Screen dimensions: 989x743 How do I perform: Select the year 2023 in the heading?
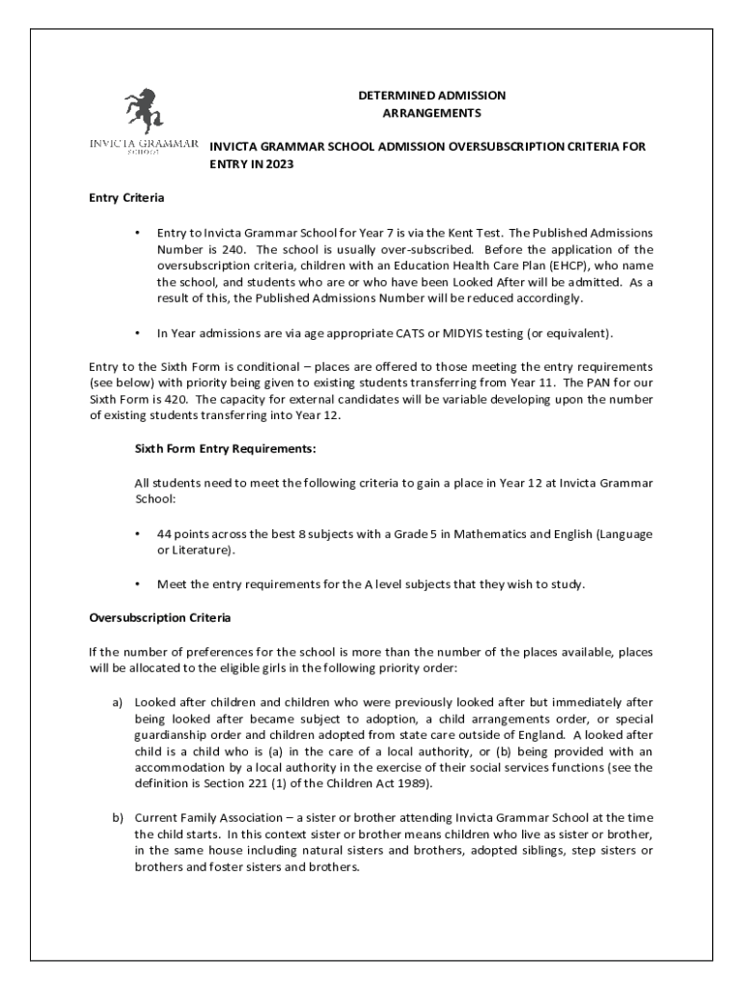[x=276, y=164]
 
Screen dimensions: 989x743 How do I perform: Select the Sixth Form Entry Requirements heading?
[x=226, y=449]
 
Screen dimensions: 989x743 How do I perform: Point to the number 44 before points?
[x=165, y=534]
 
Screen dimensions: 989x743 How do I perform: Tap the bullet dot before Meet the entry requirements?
[x=139, y=584]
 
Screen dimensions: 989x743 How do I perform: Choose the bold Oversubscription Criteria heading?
[x=160, y=617]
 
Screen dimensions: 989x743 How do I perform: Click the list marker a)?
[x=117, y=702]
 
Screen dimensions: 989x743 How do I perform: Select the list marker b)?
[x=117, y=818]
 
